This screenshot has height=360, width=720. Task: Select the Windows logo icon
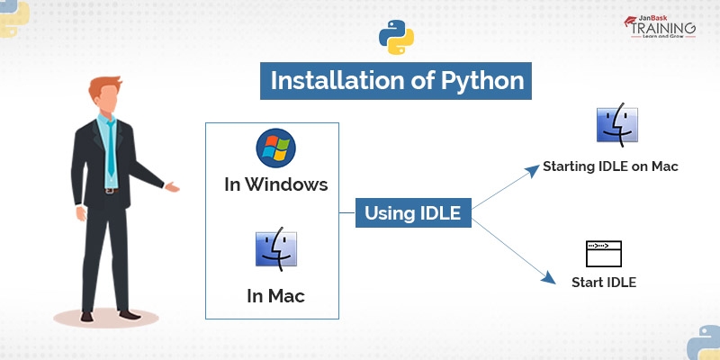[275, 148]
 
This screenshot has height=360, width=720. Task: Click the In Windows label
[275, 186]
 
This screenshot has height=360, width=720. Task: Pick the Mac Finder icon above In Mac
[275, 250]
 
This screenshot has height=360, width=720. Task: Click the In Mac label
[275, 294]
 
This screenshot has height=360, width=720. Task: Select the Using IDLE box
[412, 213]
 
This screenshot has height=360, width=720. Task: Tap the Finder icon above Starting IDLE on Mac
[616, 126]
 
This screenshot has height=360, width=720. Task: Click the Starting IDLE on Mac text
[609, 166]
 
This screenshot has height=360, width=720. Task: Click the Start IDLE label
[604, 283]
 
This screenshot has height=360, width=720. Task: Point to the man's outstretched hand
[170, 188]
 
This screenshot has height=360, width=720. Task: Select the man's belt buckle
[110, 190]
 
